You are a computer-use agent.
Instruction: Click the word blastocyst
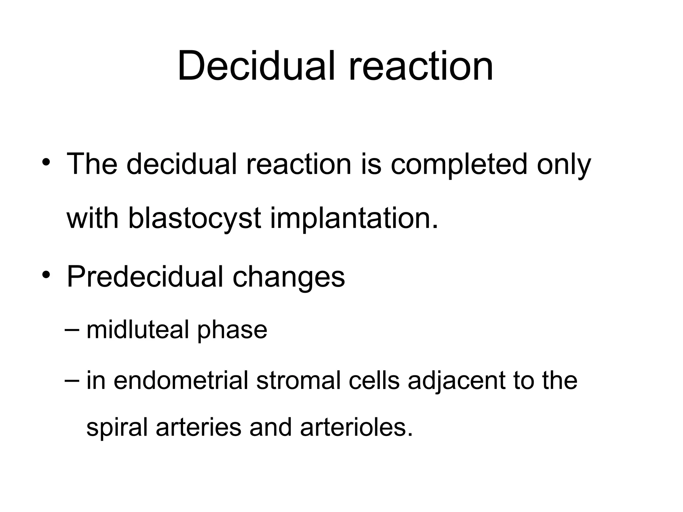194,219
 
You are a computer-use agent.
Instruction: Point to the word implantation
354,219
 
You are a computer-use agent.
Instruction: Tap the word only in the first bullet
564,165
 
